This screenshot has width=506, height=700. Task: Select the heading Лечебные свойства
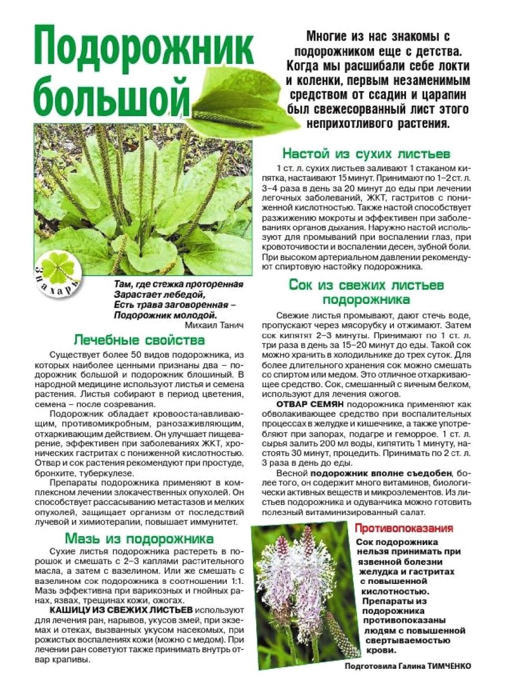click(x=139, y=340)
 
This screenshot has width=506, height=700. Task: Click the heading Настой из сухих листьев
click(x=366, y=153)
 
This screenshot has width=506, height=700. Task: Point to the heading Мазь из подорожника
click(x=139, y=538)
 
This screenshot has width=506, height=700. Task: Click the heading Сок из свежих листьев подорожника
click(x=366, y=292)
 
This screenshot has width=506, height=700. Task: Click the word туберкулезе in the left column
click(x=110, y=473)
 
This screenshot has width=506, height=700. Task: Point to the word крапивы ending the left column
click(x=72, y=659)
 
